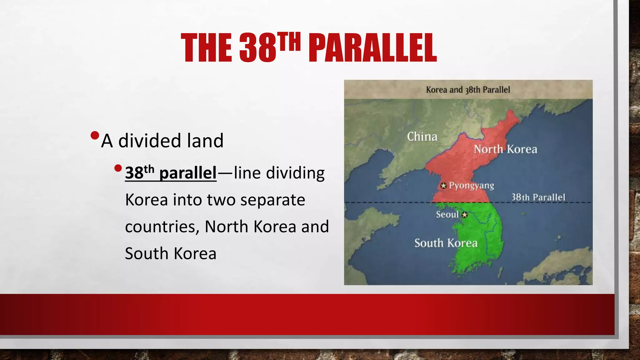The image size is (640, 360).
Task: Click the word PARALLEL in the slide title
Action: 372,48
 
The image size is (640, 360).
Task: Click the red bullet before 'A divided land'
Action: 94,136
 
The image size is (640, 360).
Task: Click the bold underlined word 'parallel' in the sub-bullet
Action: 187,173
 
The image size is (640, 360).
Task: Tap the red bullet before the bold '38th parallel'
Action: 118,168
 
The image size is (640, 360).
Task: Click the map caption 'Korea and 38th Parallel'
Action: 468,90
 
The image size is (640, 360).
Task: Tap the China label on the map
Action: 422,137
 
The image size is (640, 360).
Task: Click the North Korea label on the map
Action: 505,149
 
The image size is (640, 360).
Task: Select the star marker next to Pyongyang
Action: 443,186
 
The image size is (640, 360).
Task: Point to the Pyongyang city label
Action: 471,186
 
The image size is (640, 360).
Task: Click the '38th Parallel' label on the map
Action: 538,197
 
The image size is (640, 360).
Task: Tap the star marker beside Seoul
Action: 465,215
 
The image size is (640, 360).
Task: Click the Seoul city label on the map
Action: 447,214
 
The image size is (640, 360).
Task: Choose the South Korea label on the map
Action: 446,243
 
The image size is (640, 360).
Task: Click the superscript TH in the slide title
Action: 289,42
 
